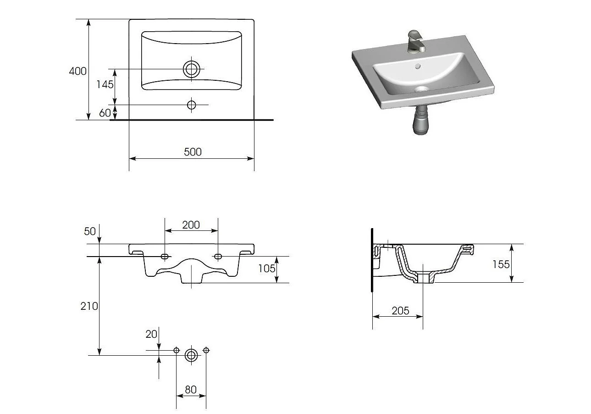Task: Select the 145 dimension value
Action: click(105, 84)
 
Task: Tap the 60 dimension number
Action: click(105, 113)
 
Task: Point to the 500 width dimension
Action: click(193, 152)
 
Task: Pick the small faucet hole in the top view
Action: click(192, 105)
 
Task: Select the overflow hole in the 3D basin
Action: click(417, 66)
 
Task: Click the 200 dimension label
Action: click(191, 225)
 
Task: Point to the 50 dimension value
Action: click(90, 231)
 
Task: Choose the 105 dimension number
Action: click(266, 269)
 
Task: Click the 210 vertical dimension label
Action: click(89, 306)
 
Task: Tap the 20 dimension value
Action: click(151, 334)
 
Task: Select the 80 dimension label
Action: click(191, 390)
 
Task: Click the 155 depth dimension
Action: click(501, 264)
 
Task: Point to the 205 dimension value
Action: click(400, 311)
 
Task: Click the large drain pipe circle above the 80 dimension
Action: click(191, 355)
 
